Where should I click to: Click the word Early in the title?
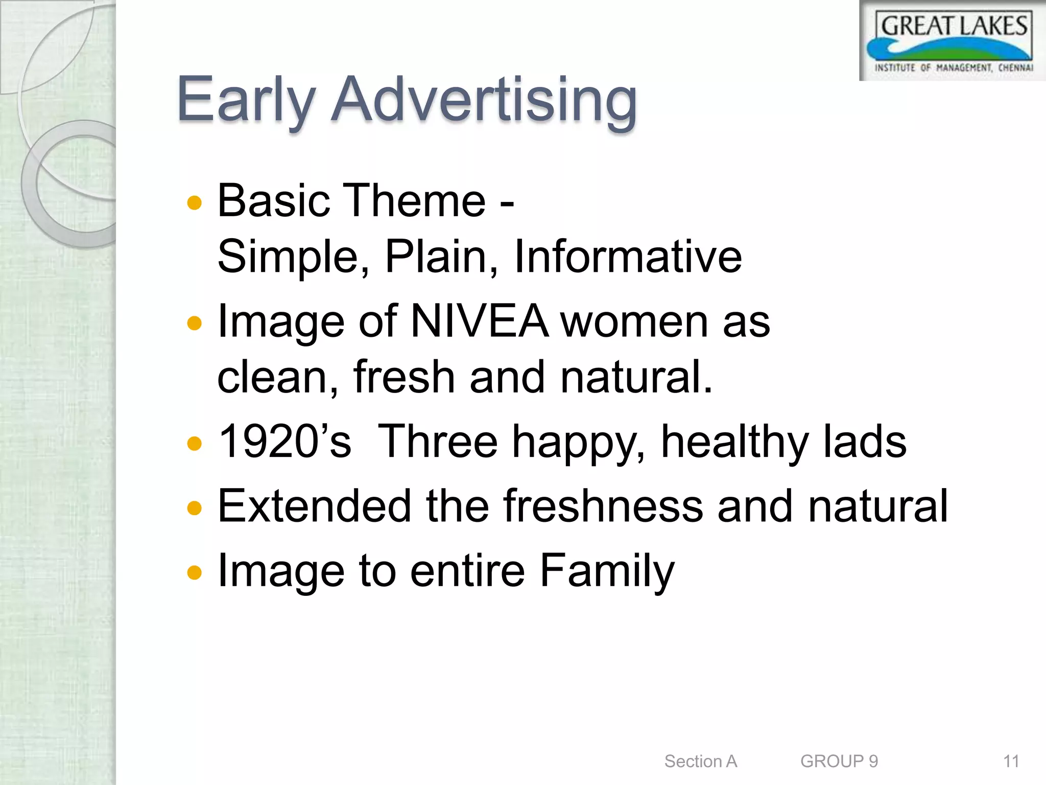point(245,100)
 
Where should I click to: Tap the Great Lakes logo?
point(953,41)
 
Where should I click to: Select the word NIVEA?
point(480,321)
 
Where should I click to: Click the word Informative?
point(628,257)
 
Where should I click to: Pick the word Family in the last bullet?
point(607,571)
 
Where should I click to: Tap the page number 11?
point(1011,761)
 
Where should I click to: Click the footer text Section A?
point(700,761)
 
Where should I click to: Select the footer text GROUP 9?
point(839,761)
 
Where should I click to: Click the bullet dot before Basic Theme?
point(195,203)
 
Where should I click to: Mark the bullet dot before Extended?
point(195,508)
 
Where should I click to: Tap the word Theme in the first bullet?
point(415,201)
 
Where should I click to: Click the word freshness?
point(603,506)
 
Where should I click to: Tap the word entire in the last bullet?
point(467,571)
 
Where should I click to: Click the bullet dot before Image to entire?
point(195,572)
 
